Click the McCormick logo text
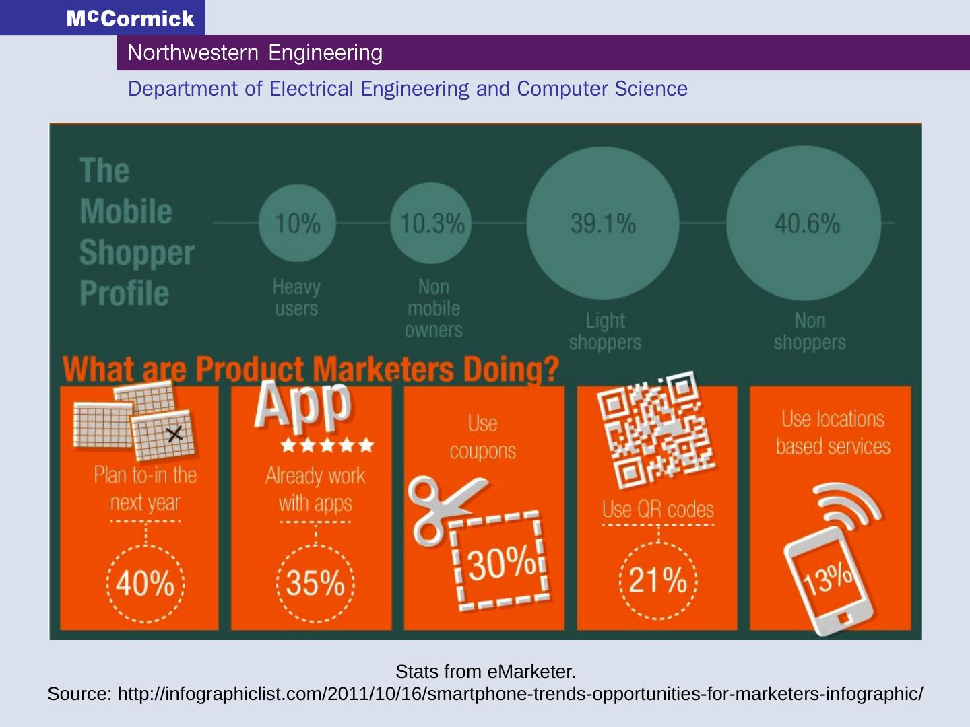click(x=130, y=18)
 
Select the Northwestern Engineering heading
click(x=255, y=53)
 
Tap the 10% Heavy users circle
click(x=297, y=223)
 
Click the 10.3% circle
click(x=431, y=223)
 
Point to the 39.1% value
click(x=603, y=223)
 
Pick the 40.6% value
click(x=806, y=223)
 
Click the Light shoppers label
click(x=605, y=331)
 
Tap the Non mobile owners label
click(x=433, y=308)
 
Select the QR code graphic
click(x=655, y=429)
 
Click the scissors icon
click(x=441, y=508)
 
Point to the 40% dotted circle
click(x=145, y=583)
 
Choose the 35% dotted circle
click(x=315, y=583)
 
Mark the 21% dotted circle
click(x=657, y=580)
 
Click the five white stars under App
click(x=327, y=445)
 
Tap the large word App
click(x=303, y=404)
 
